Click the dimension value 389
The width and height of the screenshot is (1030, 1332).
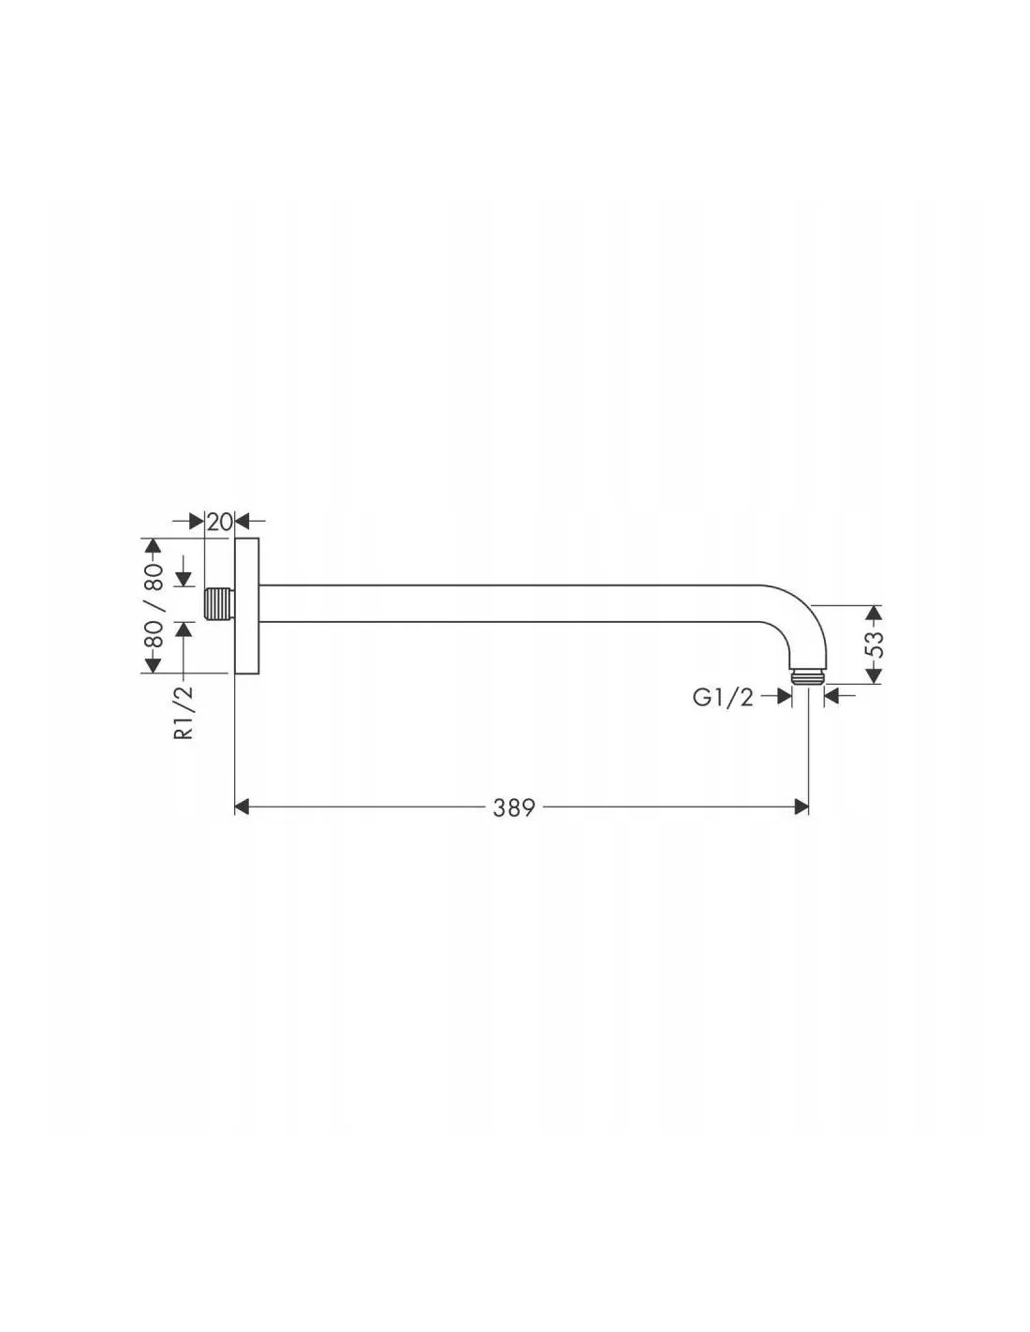point(514,807)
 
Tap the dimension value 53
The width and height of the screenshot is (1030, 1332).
point(876,643)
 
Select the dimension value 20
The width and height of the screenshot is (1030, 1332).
point(219,522)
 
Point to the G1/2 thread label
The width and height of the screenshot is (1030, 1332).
point(723,697)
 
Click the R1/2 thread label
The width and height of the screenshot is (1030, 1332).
point(184,712)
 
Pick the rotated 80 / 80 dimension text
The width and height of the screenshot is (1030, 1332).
point(154,606)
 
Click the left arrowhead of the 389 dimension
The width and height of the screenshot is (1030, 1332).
point(243,807)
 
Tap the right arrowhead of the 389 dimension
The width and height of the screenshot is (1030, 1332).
point(801,807)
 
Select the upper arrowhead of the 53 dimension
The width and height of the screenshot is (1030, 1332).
point(875,613)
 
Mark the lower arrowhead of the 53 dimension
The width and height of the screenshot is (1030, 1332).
point(875,675)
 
